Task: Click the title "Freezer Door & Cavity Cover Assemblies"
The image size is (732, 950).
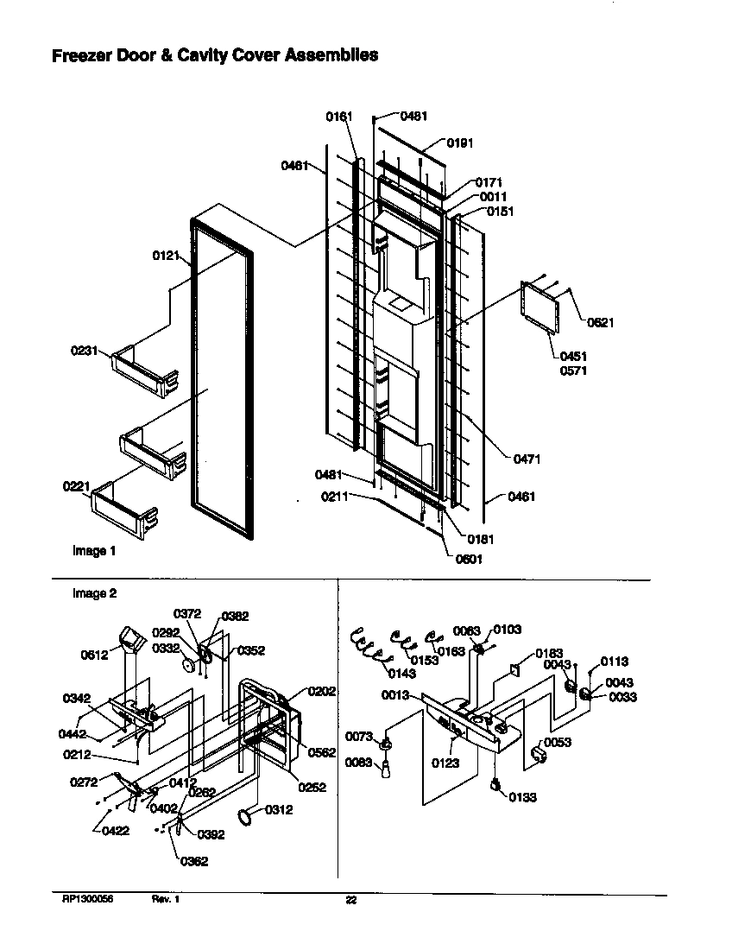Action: click(215, 56)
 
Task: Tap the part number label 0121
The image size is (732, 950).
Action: click(167, 256)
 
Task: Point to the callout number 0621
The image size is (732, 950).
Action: click(601, 323)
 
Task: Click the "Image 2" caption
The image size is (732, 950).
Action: click(94, 593)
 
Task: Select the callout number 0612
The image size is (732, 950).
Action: click(96, 655)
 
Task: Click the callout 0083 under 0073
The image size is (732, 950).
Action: click(359, 762)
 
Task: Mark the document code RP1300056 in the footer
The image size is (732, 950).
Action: click(87, 900)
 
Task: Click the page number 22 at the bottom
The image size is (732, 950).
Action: click(351, 901)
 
